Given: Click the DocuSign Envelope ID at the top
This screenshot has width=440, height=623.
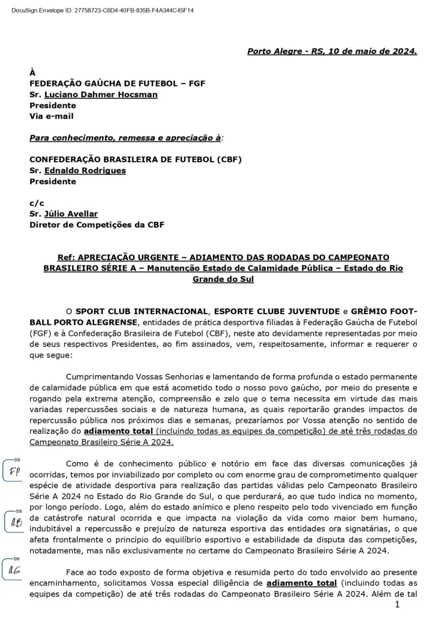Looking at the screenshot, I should pos(103,10).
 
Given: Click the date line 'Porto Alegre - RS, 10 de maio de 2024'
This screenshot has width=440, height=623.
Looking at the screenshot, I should pos(332,51).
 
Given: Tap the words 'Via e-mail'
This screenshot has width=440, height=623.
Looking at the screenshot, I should pos(52,116).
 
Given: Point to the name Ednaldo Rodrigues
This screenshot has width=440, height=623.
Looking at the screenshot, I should pos(85,170).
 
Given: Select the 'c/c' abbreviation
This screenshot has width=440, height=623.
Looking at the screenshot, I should pos(37,203).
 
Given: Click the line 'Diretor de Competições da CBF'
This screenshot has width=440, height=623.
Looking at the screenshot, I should pos(97,225).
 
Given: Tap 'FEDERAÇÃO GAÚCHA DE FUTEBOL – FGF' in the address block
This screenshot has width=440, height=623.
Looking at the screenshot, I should pos(117,84).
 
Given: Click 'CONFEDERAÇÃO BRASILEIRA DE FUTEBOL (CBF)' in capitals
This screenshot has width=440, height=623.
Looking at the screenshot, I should pos(136,159).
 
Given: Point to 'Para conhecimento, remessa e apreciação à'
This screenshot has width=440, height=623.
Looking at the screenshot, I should pos(125,138).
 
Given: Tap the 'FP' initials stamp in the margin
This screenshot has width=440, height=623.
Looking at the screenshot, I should pos(15,472).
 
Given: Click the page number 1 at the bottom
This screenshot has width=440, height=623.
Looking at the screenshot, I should pos(397,605).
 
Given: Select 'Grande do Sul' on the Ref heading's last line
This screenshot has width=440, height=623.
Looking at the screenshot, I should pos(223,279).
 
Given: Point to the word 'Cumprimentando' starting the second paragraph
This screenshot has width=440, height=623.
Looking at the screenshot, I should pos(99,377).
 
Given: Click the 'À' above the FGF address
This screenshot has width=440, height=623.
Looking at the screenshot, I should pos(33,73).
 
